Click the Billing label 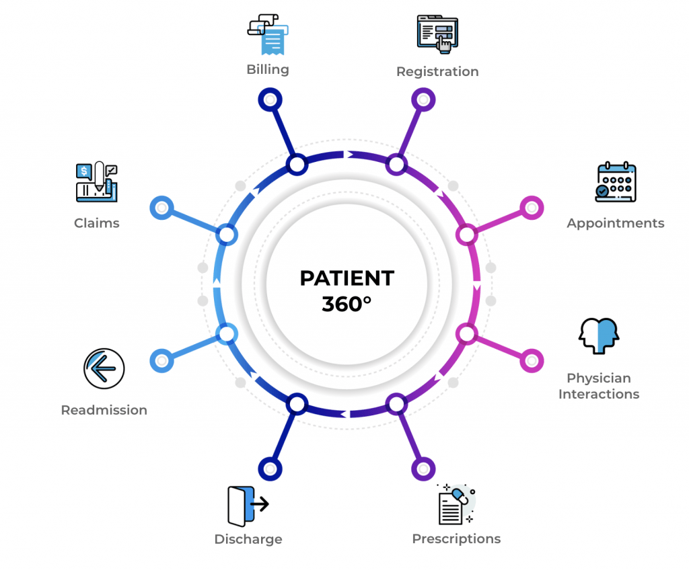[268, 69]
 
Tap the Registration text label [437, 71]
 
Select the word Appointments [615, 223]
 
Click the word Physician [599, 378]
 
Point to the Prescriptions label [456, 538]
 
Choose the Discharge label [248, 539]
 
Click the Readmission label [104, 410]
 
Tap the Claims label [97, 223]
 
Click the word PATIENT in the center [347, 278]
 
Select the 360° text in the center [347, 304]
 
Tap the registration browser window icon [438, 34]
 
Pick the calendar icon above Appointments [616, 182]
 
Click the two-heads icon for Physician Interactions [598, 336]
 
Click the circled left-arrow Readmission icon [104, 369]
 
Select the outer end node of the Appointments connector [532, 208]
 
